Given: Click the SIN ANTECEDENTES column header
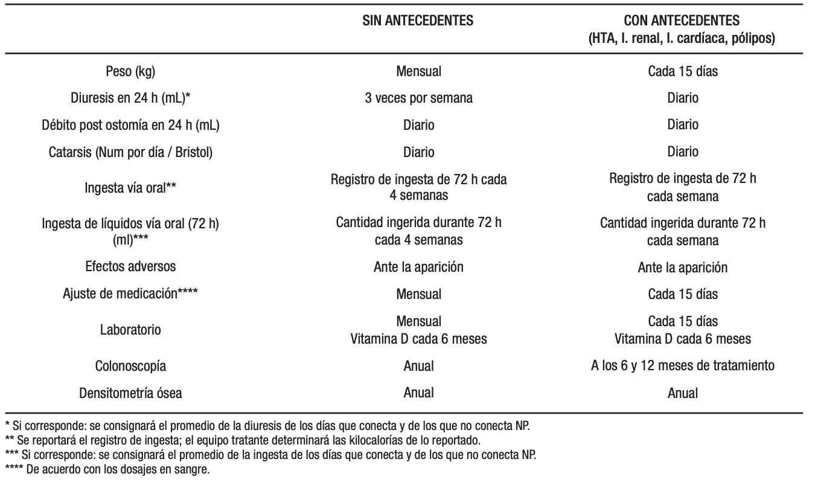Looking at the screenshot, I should [418, 21].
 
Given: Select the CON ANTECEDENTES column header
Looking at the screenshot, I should [682, 21].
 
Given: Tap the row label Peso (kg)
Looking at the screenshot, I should [130, 71].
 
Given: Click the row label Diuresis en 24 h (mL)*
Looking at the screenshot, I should [130, 98].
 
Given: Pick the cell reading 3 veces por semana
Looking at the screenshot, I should [418, 98].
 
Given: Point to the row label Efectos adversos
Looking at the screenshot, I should [130, 267].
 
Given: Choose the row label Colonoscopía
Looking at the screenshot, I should [130, 366].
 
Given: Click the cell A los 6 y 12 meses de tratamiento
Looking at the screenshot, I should [682, 366].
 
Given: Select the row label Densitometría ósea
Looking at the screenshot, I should [130, 393].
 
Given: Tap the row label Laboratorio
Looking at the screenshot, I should [130, 330].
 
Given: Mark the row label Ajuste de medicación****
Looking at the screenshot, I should [130, 294].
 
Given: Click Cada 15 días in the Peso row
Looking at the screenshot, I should [682, 71].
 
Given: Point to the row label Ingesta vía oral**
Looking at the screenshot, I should [130, 188].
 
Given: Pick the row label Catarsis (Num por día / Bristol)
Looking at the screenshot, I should [130, 152].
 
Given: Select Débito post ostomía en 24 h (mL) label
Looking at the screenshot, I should [130, 125].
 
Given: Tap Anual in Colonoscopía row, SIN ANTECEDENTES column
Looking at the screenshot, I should [418, 366].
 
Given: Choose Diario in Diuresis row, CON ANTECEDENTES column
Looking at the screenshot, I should [682, 98].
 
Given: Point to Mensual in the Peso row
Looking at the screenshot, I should [418, 71].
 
